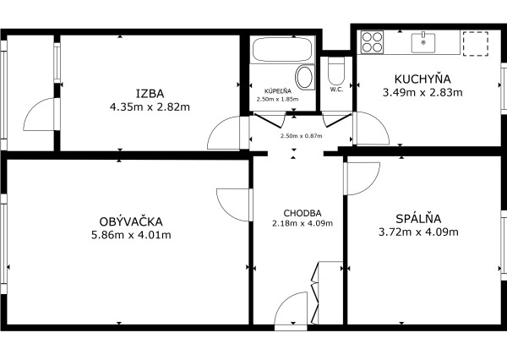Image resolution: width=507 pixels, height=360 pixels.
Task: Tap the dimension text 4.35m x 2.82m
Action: tap(150, 107)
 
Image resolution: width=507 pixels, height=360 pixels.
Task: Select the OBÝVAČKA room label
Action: tap(131, 221)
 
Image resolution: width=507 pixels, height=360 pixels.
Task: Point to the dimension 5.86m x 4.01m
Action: tap(131, 235)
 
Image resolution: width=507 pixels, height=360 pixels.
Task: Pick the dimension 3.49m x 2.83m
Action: tap(422, 92)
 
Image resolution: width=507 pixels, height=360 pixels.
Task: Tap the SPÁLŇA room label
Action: tap(418, 217)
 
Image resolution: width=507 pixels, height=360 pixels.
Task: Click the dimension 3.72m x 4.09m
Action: tap(418, 232)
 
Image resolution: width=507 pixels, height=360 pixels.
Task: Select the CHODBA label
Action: tap(303, 212)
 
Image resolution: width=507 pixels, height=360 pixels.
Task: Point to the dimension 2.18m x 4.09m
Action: tap(303, 224)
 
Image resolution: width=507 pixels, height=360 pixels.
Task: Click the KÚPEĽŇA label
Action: tap(278, 90)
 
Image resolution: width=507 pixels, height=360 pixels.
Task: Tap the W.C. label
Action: tap(335, 90)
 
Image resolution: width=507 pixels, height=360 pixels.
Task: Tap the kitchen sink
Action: tap(422, 41)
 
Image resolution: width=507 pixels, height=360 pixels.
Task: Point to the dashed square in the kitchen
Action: tap(476, 43)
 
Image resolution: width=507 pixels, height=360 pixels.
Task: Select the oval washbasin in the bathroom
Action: tap(306, 79)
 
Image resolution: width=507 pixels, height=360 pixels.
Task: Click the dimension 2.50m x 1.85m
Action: tap(278, 99)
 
